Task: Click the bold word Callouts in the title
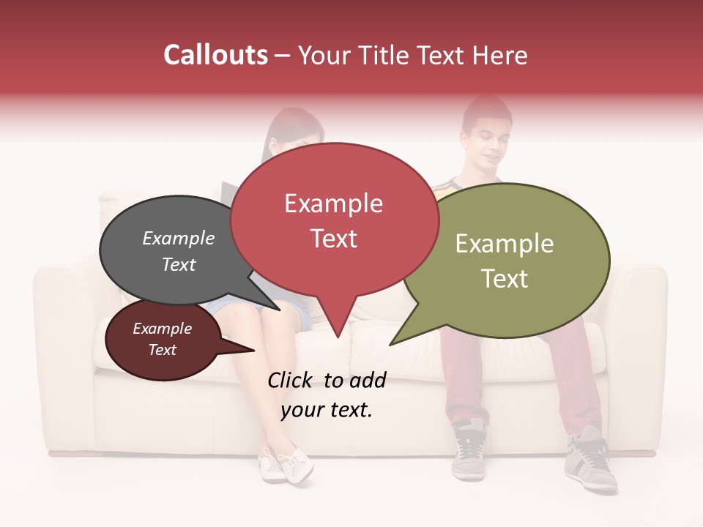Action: coord(215,55)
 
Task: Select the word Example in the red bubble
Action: coord(333,203)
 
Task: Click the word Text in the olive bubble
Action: coord(505,279)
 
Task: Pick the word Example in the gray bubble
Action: coord(179,239)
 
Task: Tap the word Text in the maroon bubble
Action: coord(163,350)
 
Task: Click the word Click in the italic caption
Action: coord(291,380)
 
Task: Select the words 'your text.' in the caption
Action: coord(327,411)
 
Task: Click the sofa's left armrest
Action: coord(63,329)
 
